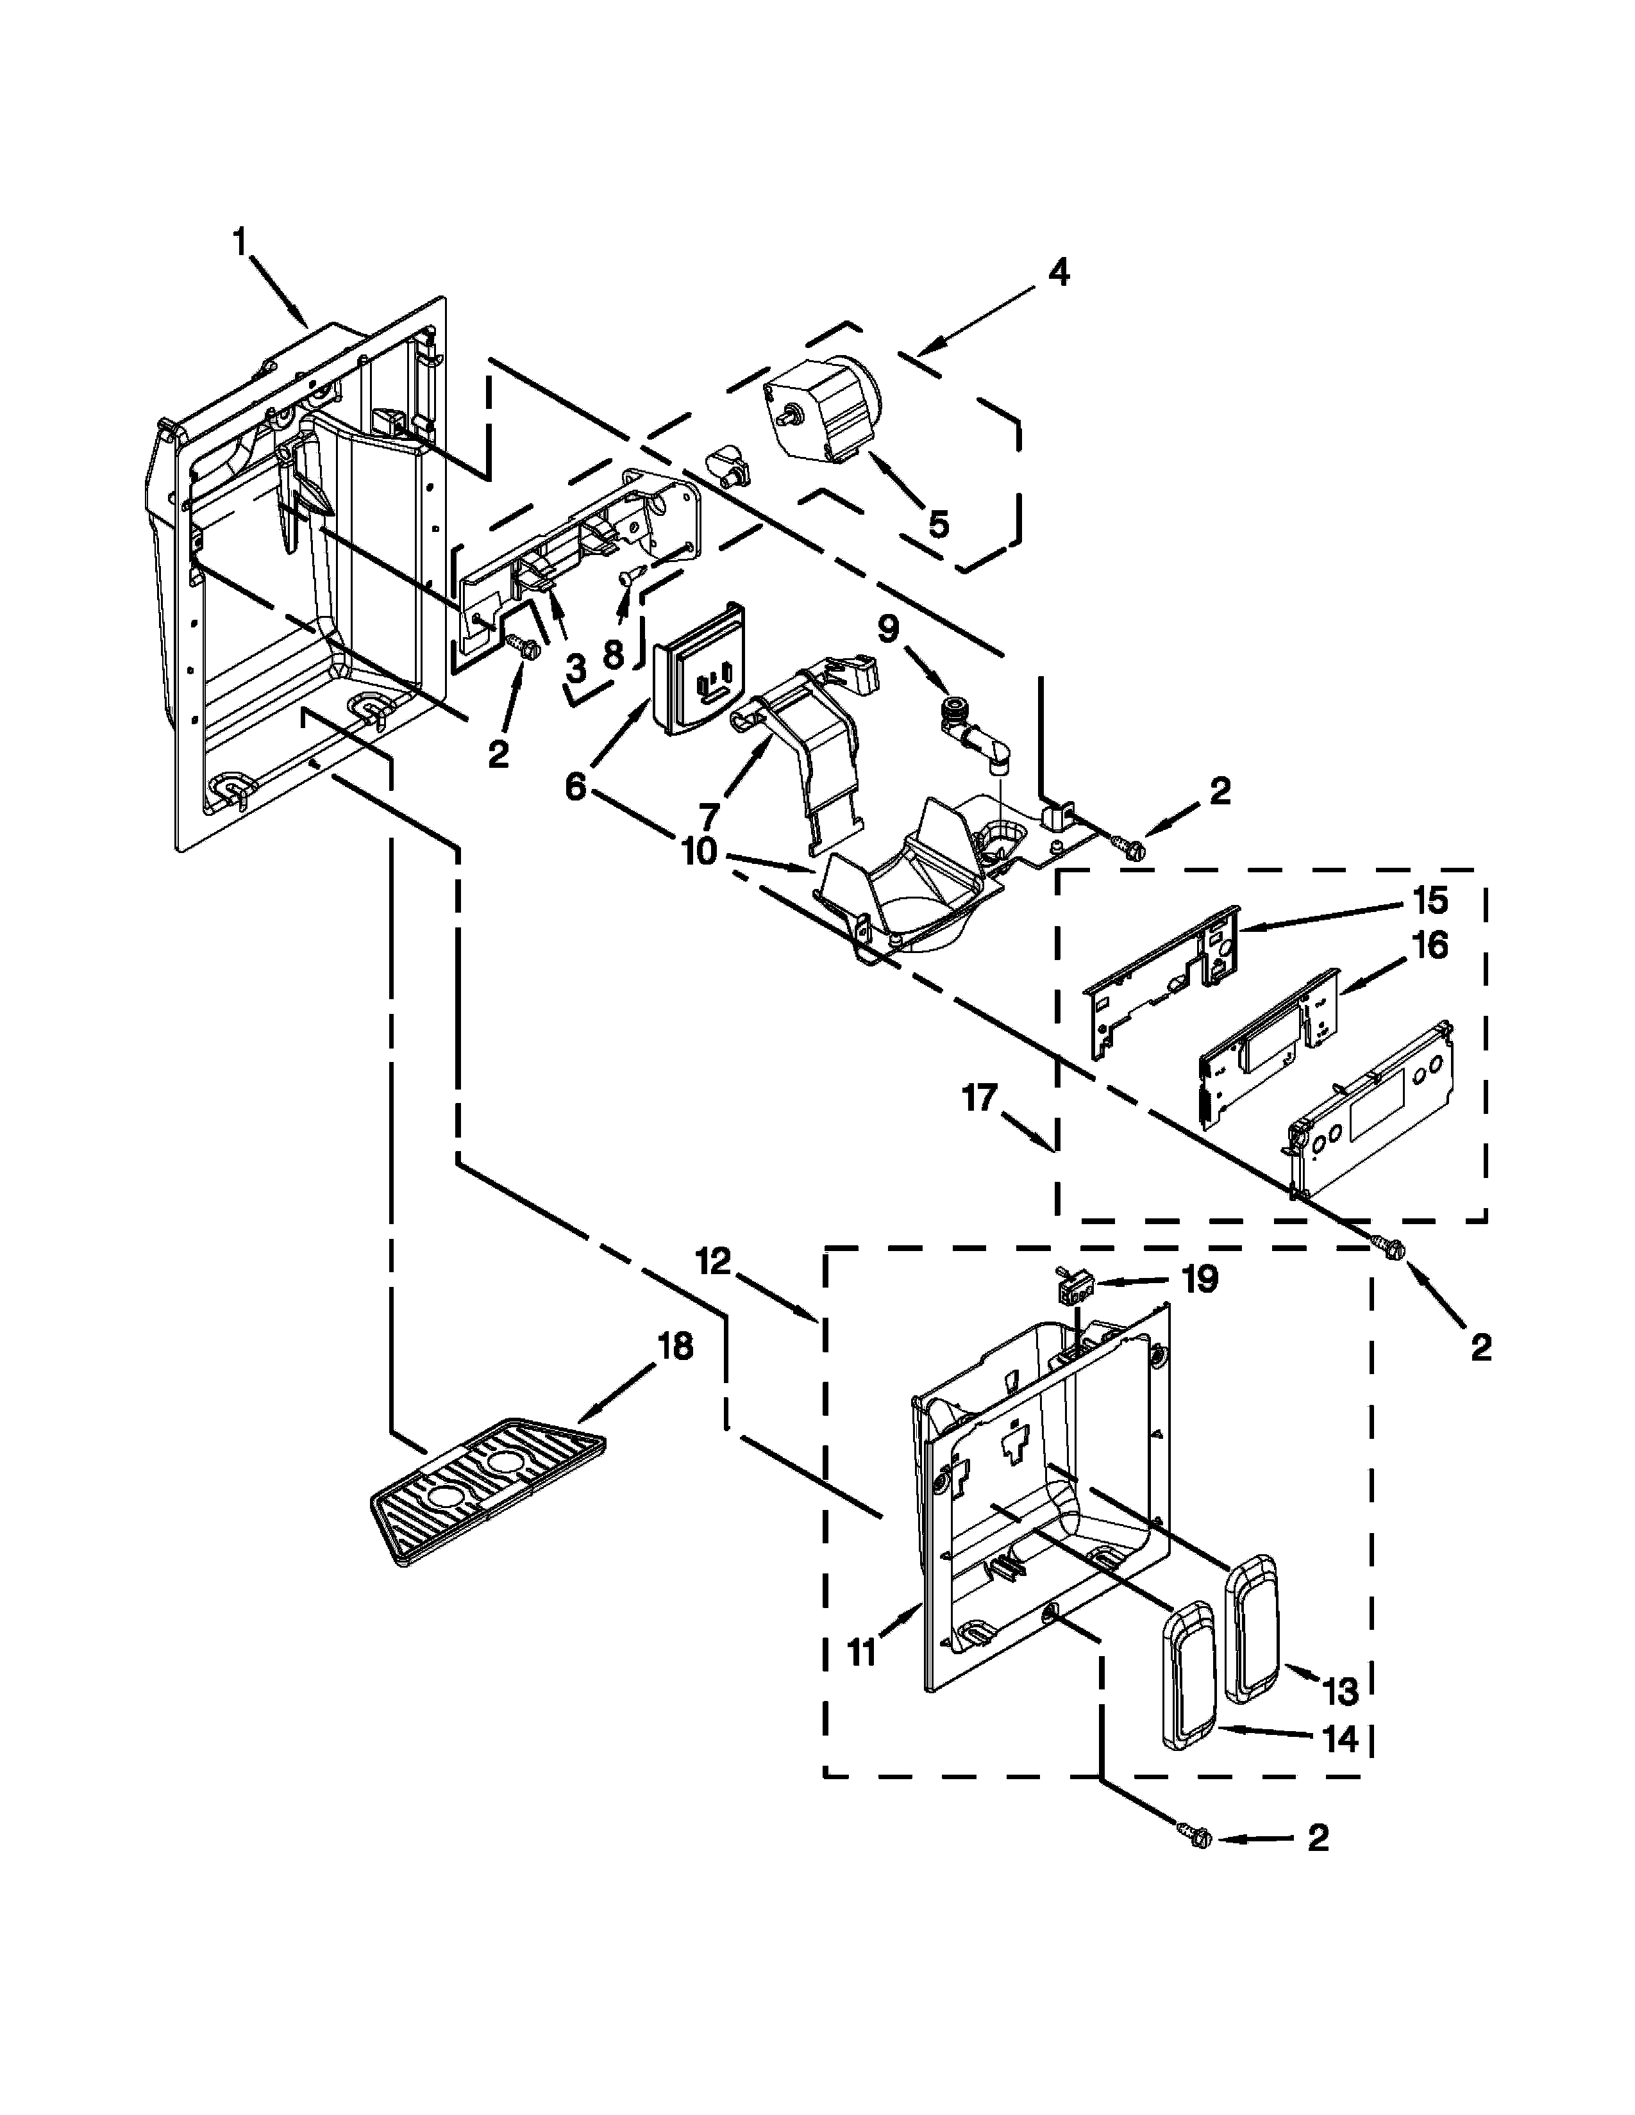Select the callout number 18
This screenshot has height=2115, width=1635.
coord(675,1345)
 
